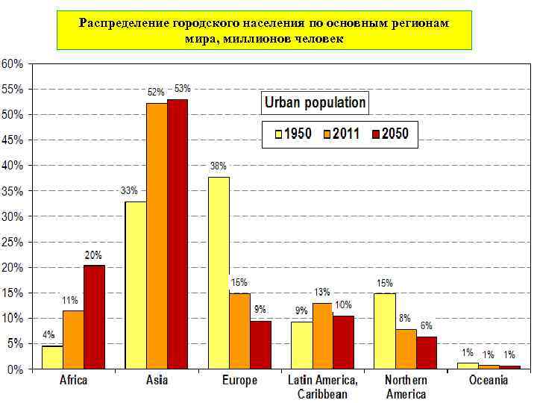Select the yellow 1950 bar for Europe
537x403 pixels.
pyautogui.click(x=219, y=273)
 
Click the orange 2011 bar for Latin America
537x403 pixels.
pyautogui.click(x=322, y=336)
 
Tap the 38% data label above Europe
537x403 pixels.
pyautogui.click(x=219, y=166)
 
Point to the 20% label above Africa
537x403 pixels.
pyautogui.click(x=93, y=255)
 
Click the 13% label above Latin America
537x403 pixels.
pyautogui.click(x=322, y=292)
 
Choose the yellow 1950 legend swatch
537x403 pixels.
pyautogui.click(x=278, y=134)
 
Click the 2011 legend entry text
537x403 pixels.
pyautogui.click(x=347, y=134)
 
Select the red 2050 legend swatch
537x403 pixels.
pyautogui.click(x=377, y=134)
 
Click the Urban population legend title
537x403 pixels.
pyautogui.click(x=314, y=103)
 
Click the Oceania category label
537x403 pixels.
pyautogui.click(x=489, y=381)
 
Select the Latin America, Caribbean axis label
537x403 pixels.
pyautogui.click(x=322, y=387)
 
